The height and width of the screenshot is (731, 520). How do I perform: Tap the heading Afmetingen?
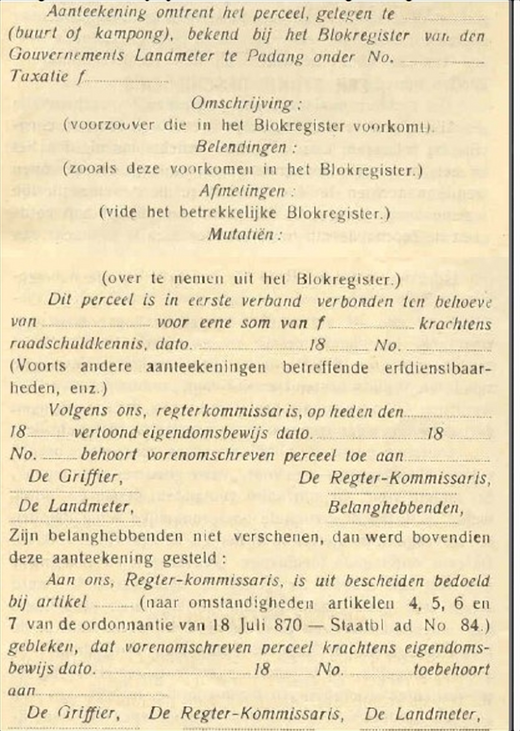click(x=242, y=191)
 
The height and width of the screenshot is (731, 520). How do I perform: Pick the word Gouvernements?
click(x=66, y=56)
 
